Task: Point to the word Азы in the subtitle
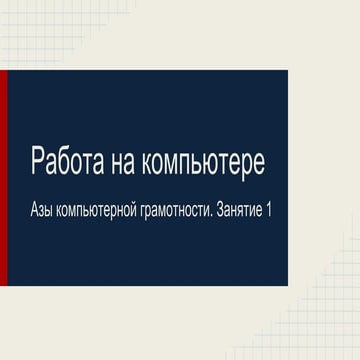pos(44,213)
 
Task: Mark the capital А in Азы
pos(36,213)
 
